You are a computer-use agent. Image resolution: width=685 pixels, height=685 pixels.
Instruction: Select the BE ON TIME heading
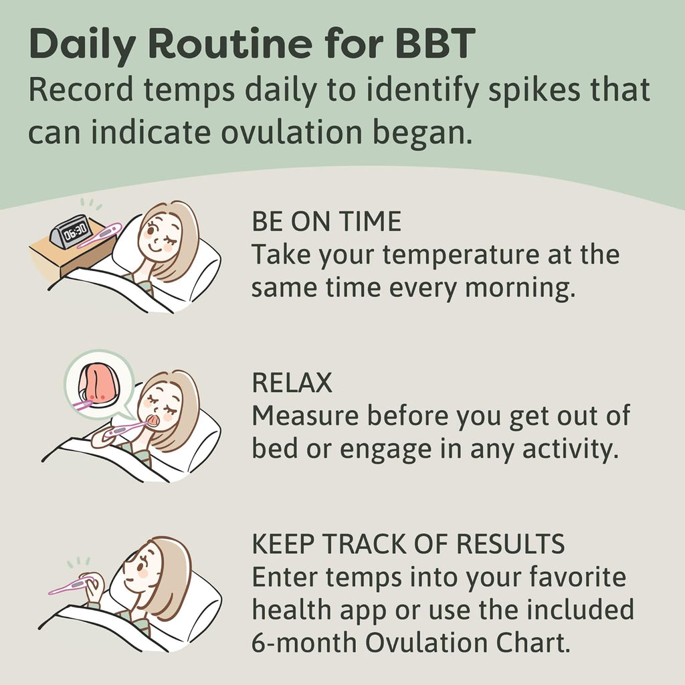pos(326,221)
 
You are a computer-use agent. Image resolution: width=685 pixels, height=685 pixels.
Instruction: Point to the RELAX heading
pos(292,383)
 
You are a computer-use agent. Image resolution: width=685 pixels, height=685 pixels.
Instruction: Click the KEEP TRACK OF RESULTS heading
pos(408,545)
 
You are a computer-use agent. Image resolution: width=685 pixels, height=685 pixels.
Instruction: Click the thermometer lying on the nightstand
pos(99,235)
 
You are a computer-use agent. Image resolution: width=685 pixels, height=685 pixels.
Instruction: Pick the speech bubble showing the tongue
pos(98,385)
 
